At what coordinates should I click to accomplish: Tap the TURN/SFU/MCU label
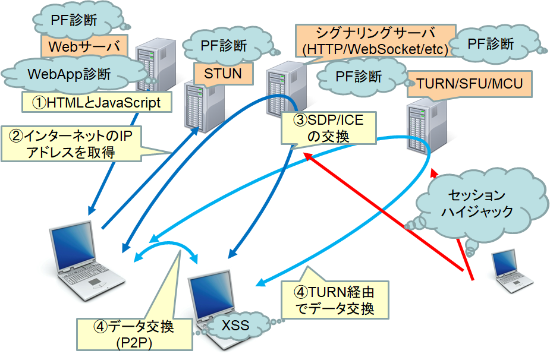click(x=469, y=84)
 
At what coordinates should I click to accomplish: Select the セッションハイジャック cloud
click(x=476, y=203)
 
